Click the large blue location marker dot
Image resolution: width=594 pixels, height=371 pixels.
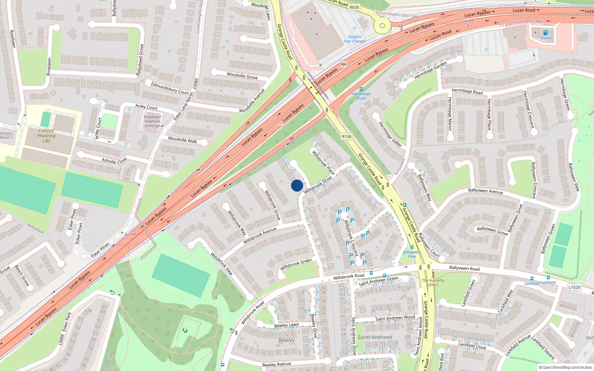tap(297, 185)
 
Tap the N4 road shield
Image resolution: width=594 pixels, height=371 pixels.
tap(343, 64)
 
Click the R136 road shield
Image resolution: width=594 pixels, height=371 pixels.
tap(346, 137)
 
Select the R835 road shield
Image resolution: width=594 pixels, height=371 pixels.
tap(354, 7)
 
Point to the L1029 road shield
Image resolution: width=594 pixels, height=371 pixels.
tap(574, 287)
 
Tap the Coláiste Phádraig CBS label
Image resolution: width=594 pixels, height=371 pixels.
tap(46, 136)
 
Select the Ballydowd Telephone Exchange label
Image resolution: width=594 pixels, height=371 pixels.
tap(152, 121)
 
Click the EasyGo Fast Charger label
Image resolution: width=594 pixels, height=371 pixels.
tap(355, 39)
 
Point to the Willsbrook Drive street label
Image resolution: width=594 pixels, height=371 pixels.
tap(318, 185)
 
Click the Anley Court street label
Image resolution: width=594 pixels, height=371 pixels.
tap(146, 107)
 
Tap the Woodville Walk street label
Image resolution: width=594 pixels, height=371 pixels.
tap(182, 140)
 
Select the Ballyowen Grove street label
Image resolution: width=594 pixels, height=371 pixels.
tap(492, 231)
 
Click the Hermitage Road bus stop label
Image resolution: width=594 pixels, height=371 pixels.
tap(361, 96)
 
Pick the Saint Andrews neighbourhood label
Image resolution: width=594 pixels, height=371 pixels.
tap(375, 337)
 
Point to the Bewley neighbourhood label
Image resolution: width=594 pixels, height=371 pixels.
tap(287, 340)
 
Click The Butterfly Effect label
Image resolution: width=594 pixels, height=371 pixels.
tap(433, 283)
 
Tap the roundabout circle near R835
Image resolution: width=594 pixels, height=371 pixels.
tap(382, 26)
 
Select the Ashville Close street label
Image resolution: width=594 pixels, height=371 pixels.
tap(114, 161)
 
